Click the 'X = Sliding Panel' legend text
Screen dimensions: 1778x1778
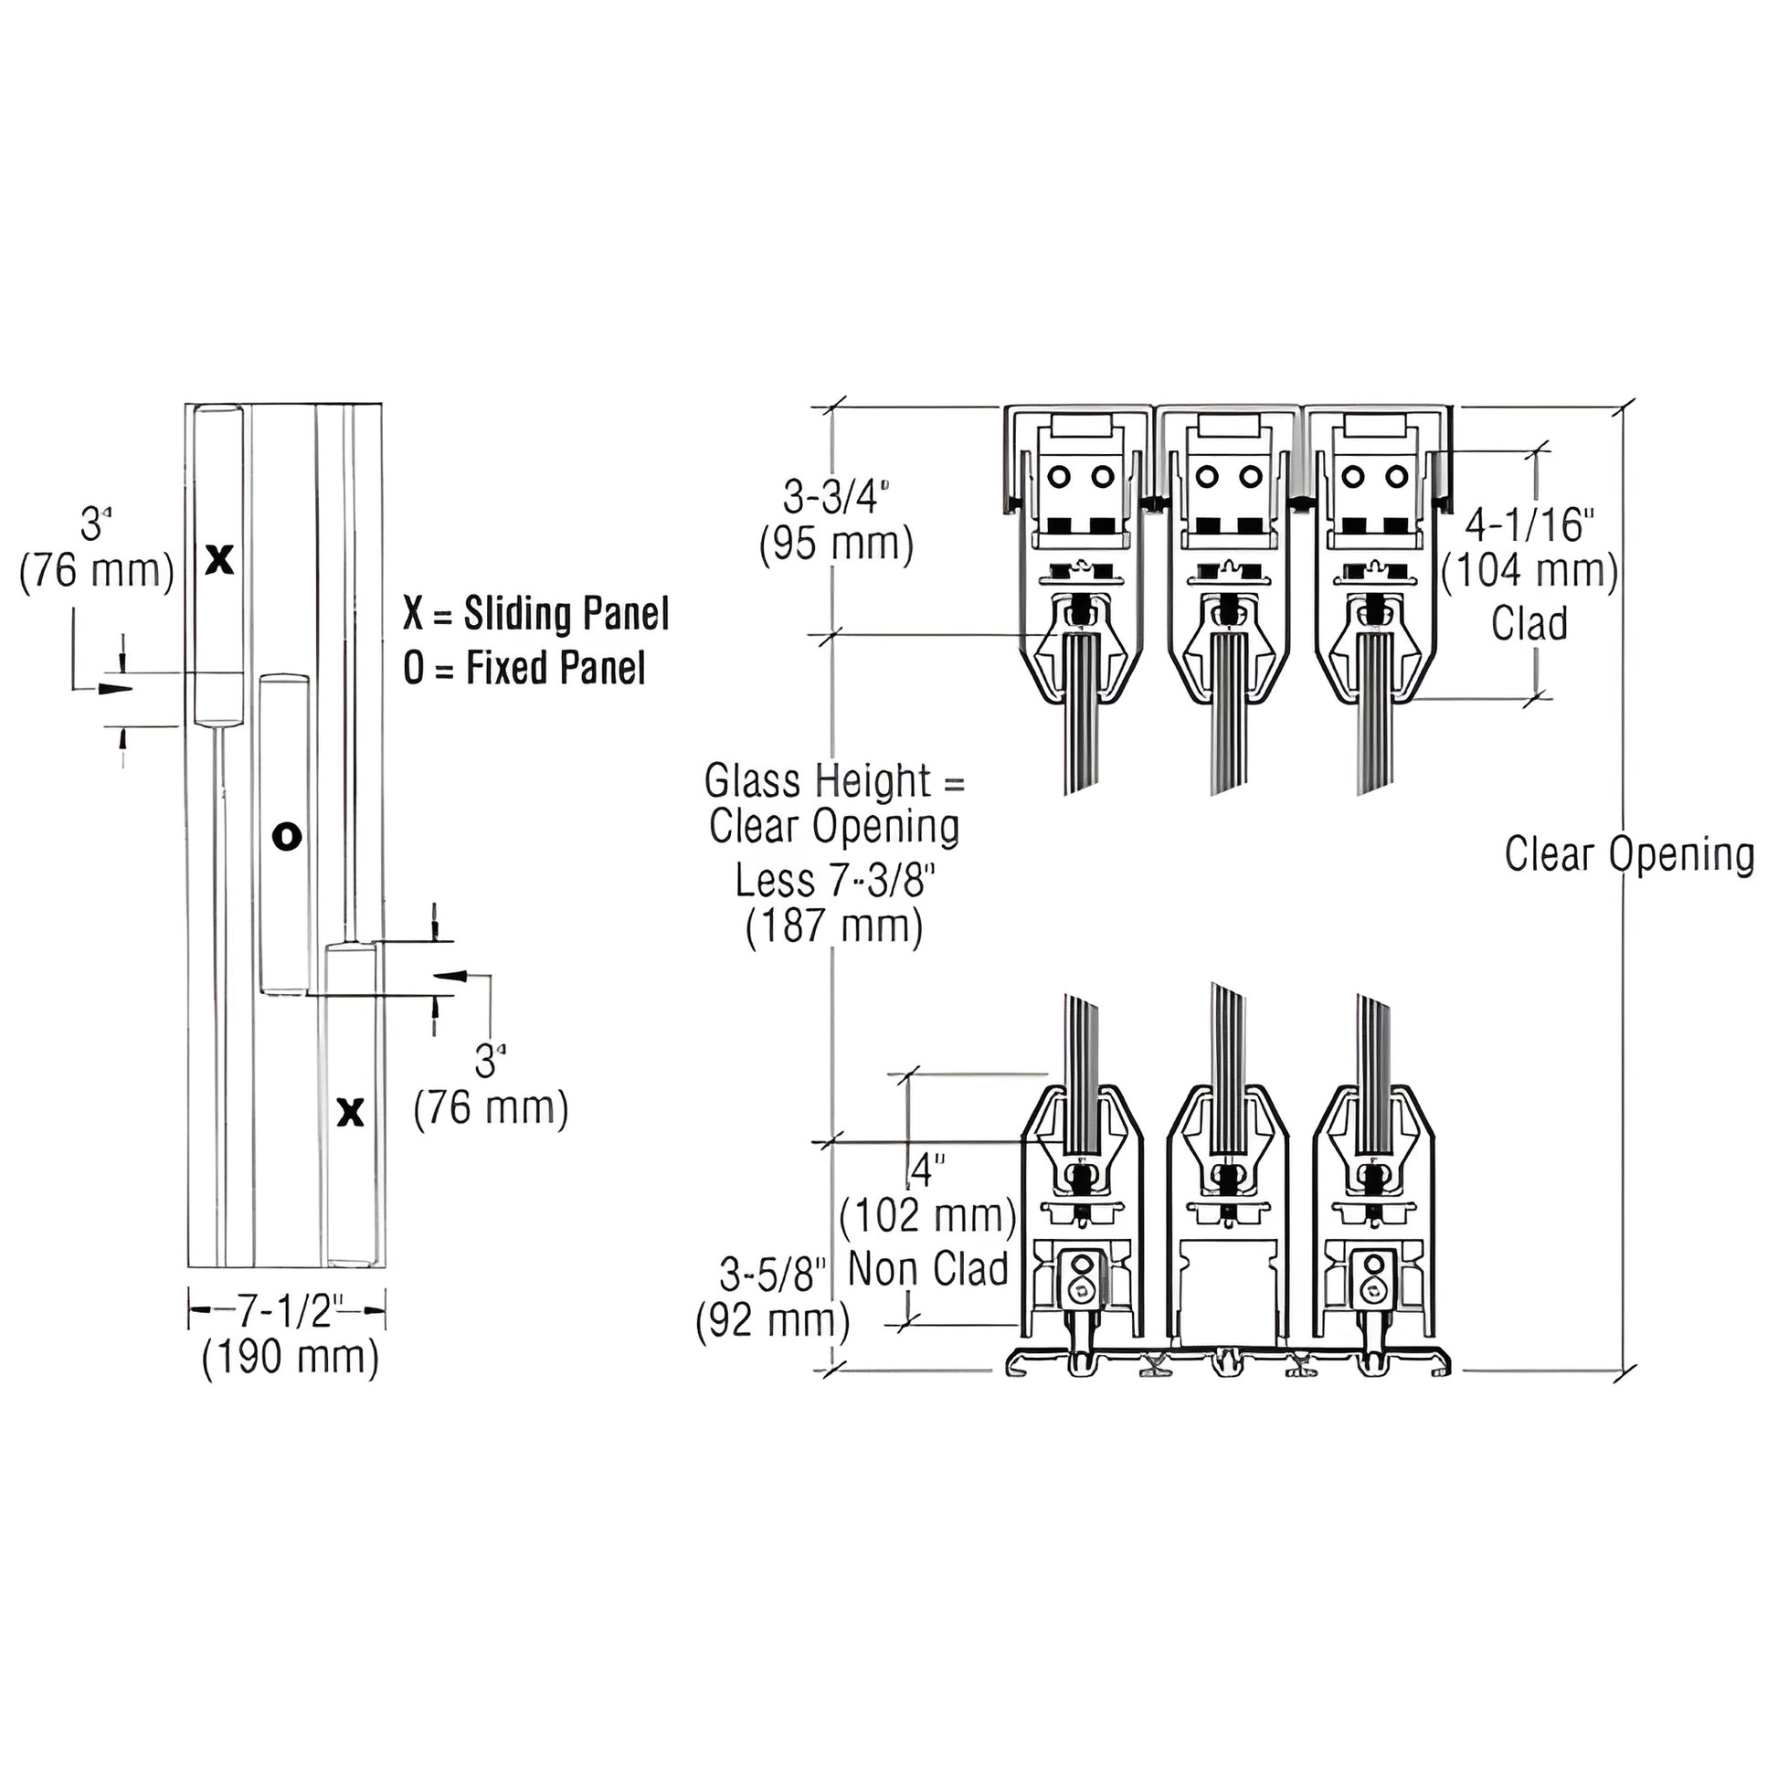[536, 614]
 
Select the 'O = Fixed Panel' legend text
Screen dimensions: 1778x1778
[524, 667]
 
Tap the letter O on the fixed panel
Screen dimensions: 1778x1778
[287, 836]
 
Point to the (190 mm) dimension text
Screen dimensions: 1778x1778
[290, 1358]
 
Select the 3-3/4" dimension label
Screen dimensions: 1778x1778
[836, 497]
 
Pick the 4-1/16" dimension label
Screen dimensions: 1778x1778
[1529, 524]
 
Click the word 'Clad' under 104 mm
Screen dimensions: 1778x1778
[1529, 623]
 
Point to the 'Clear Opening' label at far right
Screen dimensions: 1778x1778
[1630, 854]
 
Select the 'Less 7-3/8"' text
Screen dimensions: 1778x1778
[834, 881]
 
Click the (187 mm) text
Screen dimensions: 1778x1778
[834, 926]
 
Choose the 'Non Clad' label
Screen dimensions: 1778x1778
[927, 1269]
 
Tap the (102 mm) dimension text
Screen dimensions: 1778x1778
[927, 1216]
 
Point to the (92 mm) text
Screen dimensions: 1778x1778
[772, 1321]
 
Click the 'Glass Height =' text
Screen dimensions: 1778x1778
[834, 782]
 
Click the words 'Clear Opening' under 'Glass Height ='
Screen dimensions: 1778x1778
[834, 828]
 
